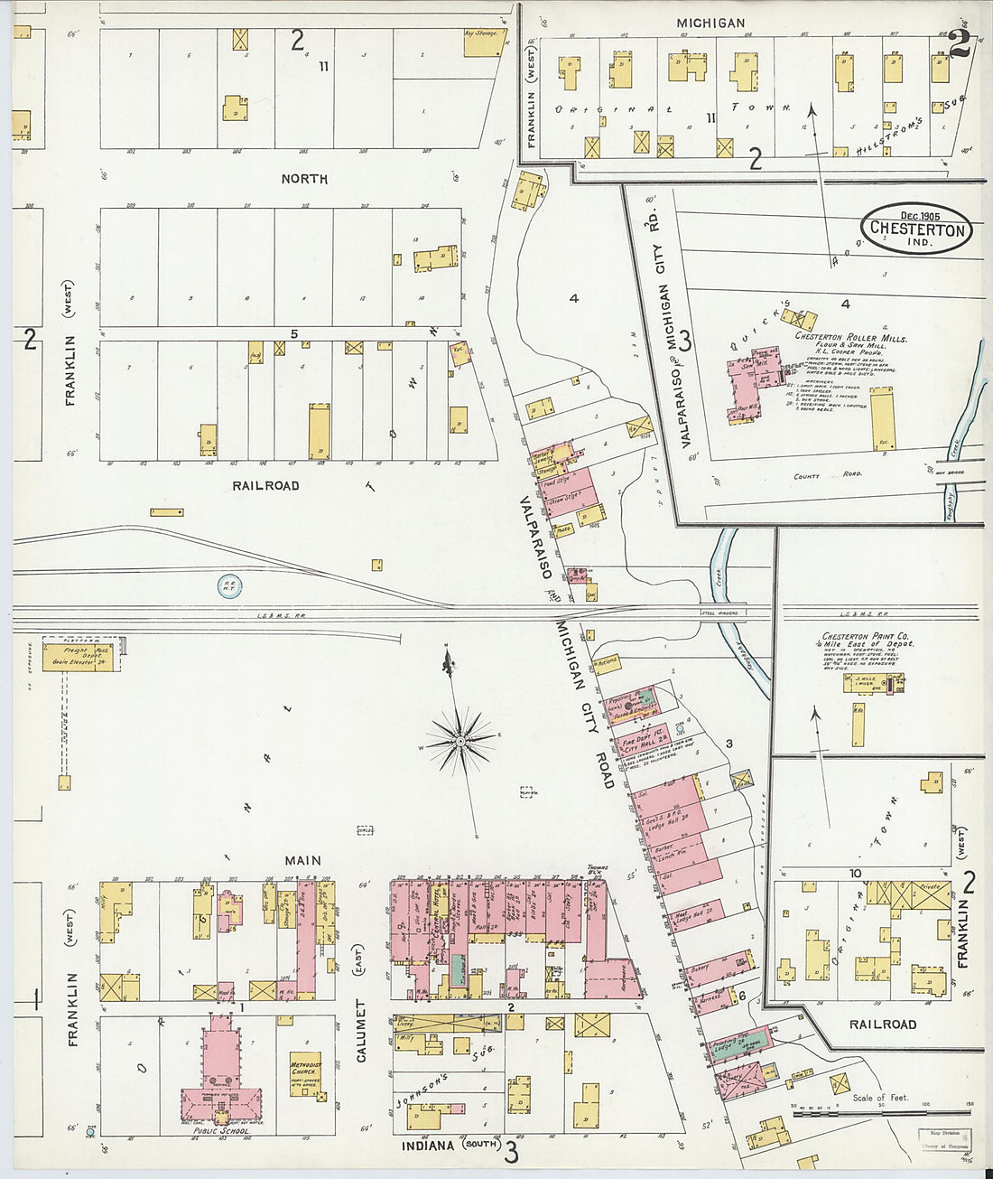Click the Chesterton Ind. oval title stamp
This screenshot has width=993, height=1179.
[x=917, y=229]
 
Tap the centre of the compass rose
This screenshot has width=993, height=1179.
[x=460, y=742]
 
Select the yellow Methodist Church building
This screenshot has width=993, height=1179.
[x=306, y=1074]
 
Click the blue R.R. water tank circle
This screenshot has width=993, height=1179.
[x=230, y=586]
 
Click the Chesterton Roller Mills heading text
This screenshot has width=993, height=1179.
[x=850, y=338]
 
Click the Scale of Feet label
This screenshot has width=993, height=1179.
[x=880, y=1098]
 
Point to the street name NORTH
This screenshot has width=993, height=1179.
[x=304, y=179]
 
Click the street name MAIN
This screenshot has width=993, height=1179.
[x=302, y=861]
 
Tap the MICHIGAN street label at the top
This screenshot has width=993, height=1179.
[x=710, y=23]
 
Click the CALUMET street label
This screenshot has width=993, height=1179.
[x=361, y=1030]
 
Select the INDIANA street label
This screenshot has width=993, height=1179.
[x=429, y=1146]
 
